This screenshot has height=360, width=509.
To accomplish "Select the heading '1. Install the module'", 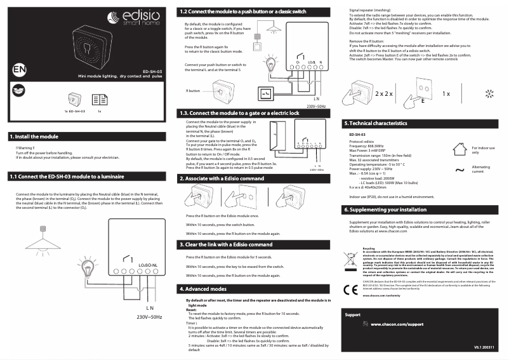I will pos(34,137).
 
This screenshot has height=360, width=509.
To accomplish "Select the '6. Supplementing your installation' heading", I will pos(385,209).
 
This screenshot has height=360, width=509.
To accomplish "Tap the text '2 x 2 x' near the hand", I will pos(384,93).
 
